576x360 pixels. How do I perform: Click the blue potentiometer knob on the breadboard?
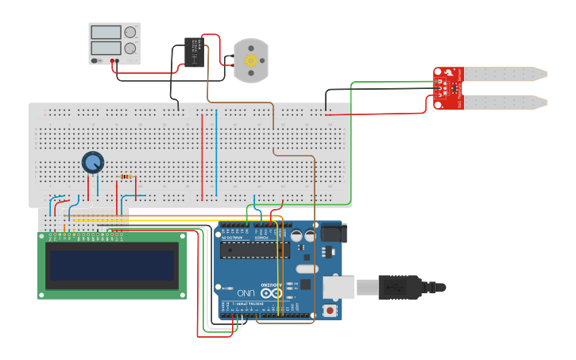tap(93, 163)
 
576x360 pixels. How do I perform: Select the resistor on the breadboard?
tap(126, 177)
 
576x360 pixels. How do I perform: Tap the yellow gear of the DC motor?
tap(251, 60)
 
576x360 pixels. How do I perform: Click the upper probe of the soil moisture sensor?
tap(504, 74)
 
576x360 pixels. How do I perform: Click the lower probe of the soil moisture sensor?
tap(504, 103)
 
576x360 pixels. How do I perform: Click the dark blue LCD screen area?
tap(112, 265)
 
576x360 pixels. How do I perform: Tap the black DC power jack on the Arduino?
tap(333, 232)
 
